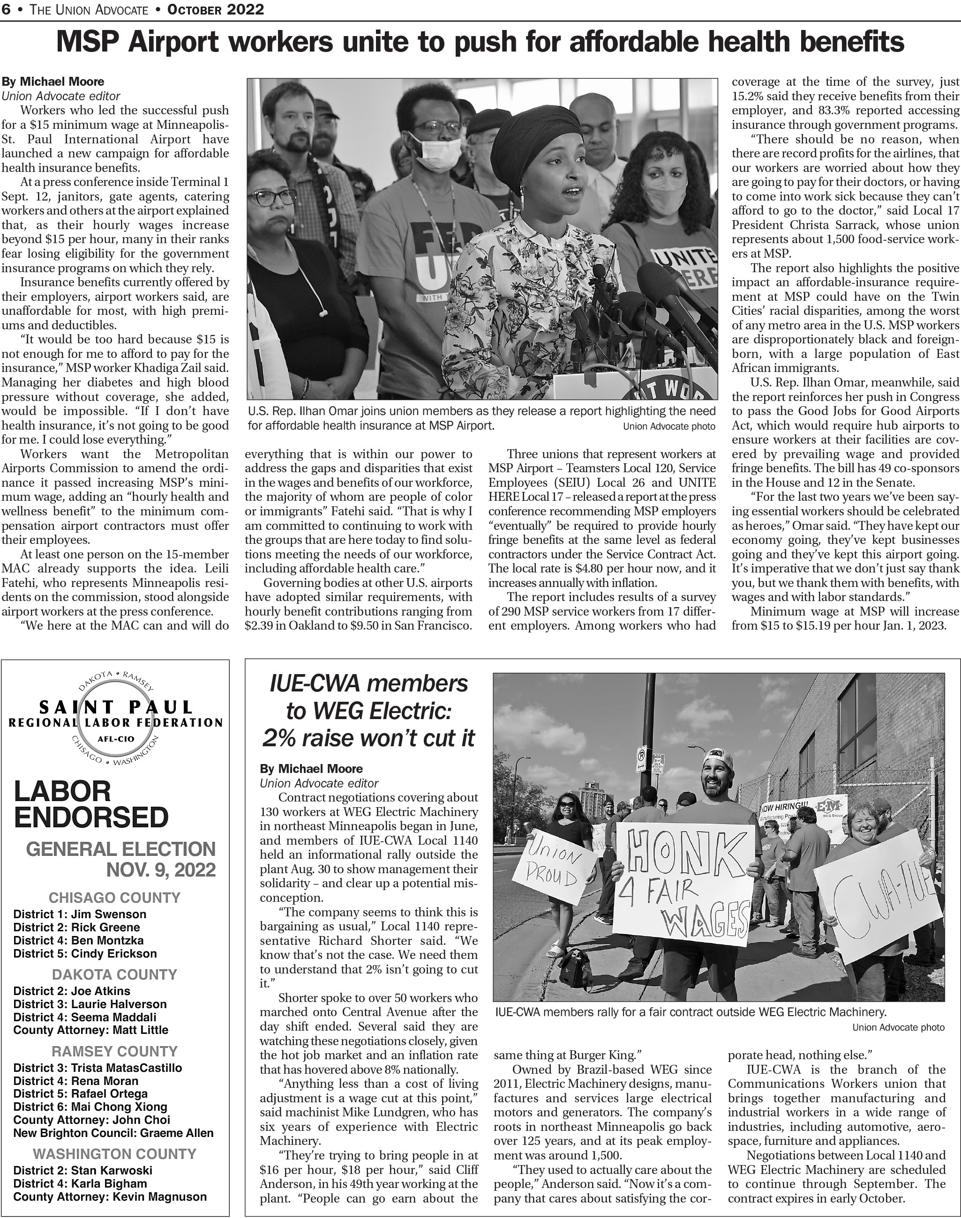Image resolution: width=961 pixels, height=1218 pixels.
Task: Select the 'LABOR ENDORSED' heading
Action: [91, 805]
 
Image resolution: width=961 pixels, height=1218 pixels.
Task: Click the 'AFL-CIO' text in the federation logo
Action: [115, 738]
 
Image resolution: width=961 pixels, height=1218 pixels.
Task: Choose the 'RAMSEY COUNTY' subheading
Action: [114, 1051]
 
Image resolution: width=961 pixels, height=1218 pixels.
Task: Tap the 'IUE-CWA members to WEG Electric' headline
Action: [368, 711]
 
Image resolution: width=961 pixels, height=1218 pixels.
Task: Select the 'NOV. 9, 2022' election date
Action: [161, 870]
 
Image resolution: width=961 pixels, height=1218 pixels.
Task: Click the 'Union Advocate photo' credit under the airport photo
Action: [669, 427]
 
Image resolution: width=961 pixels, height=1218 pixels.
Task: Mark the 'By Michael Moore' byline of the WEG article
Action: [311, 769]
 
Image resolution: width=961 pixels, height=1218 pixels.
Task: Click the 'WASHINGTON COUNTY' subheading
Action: [114, 1154]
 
